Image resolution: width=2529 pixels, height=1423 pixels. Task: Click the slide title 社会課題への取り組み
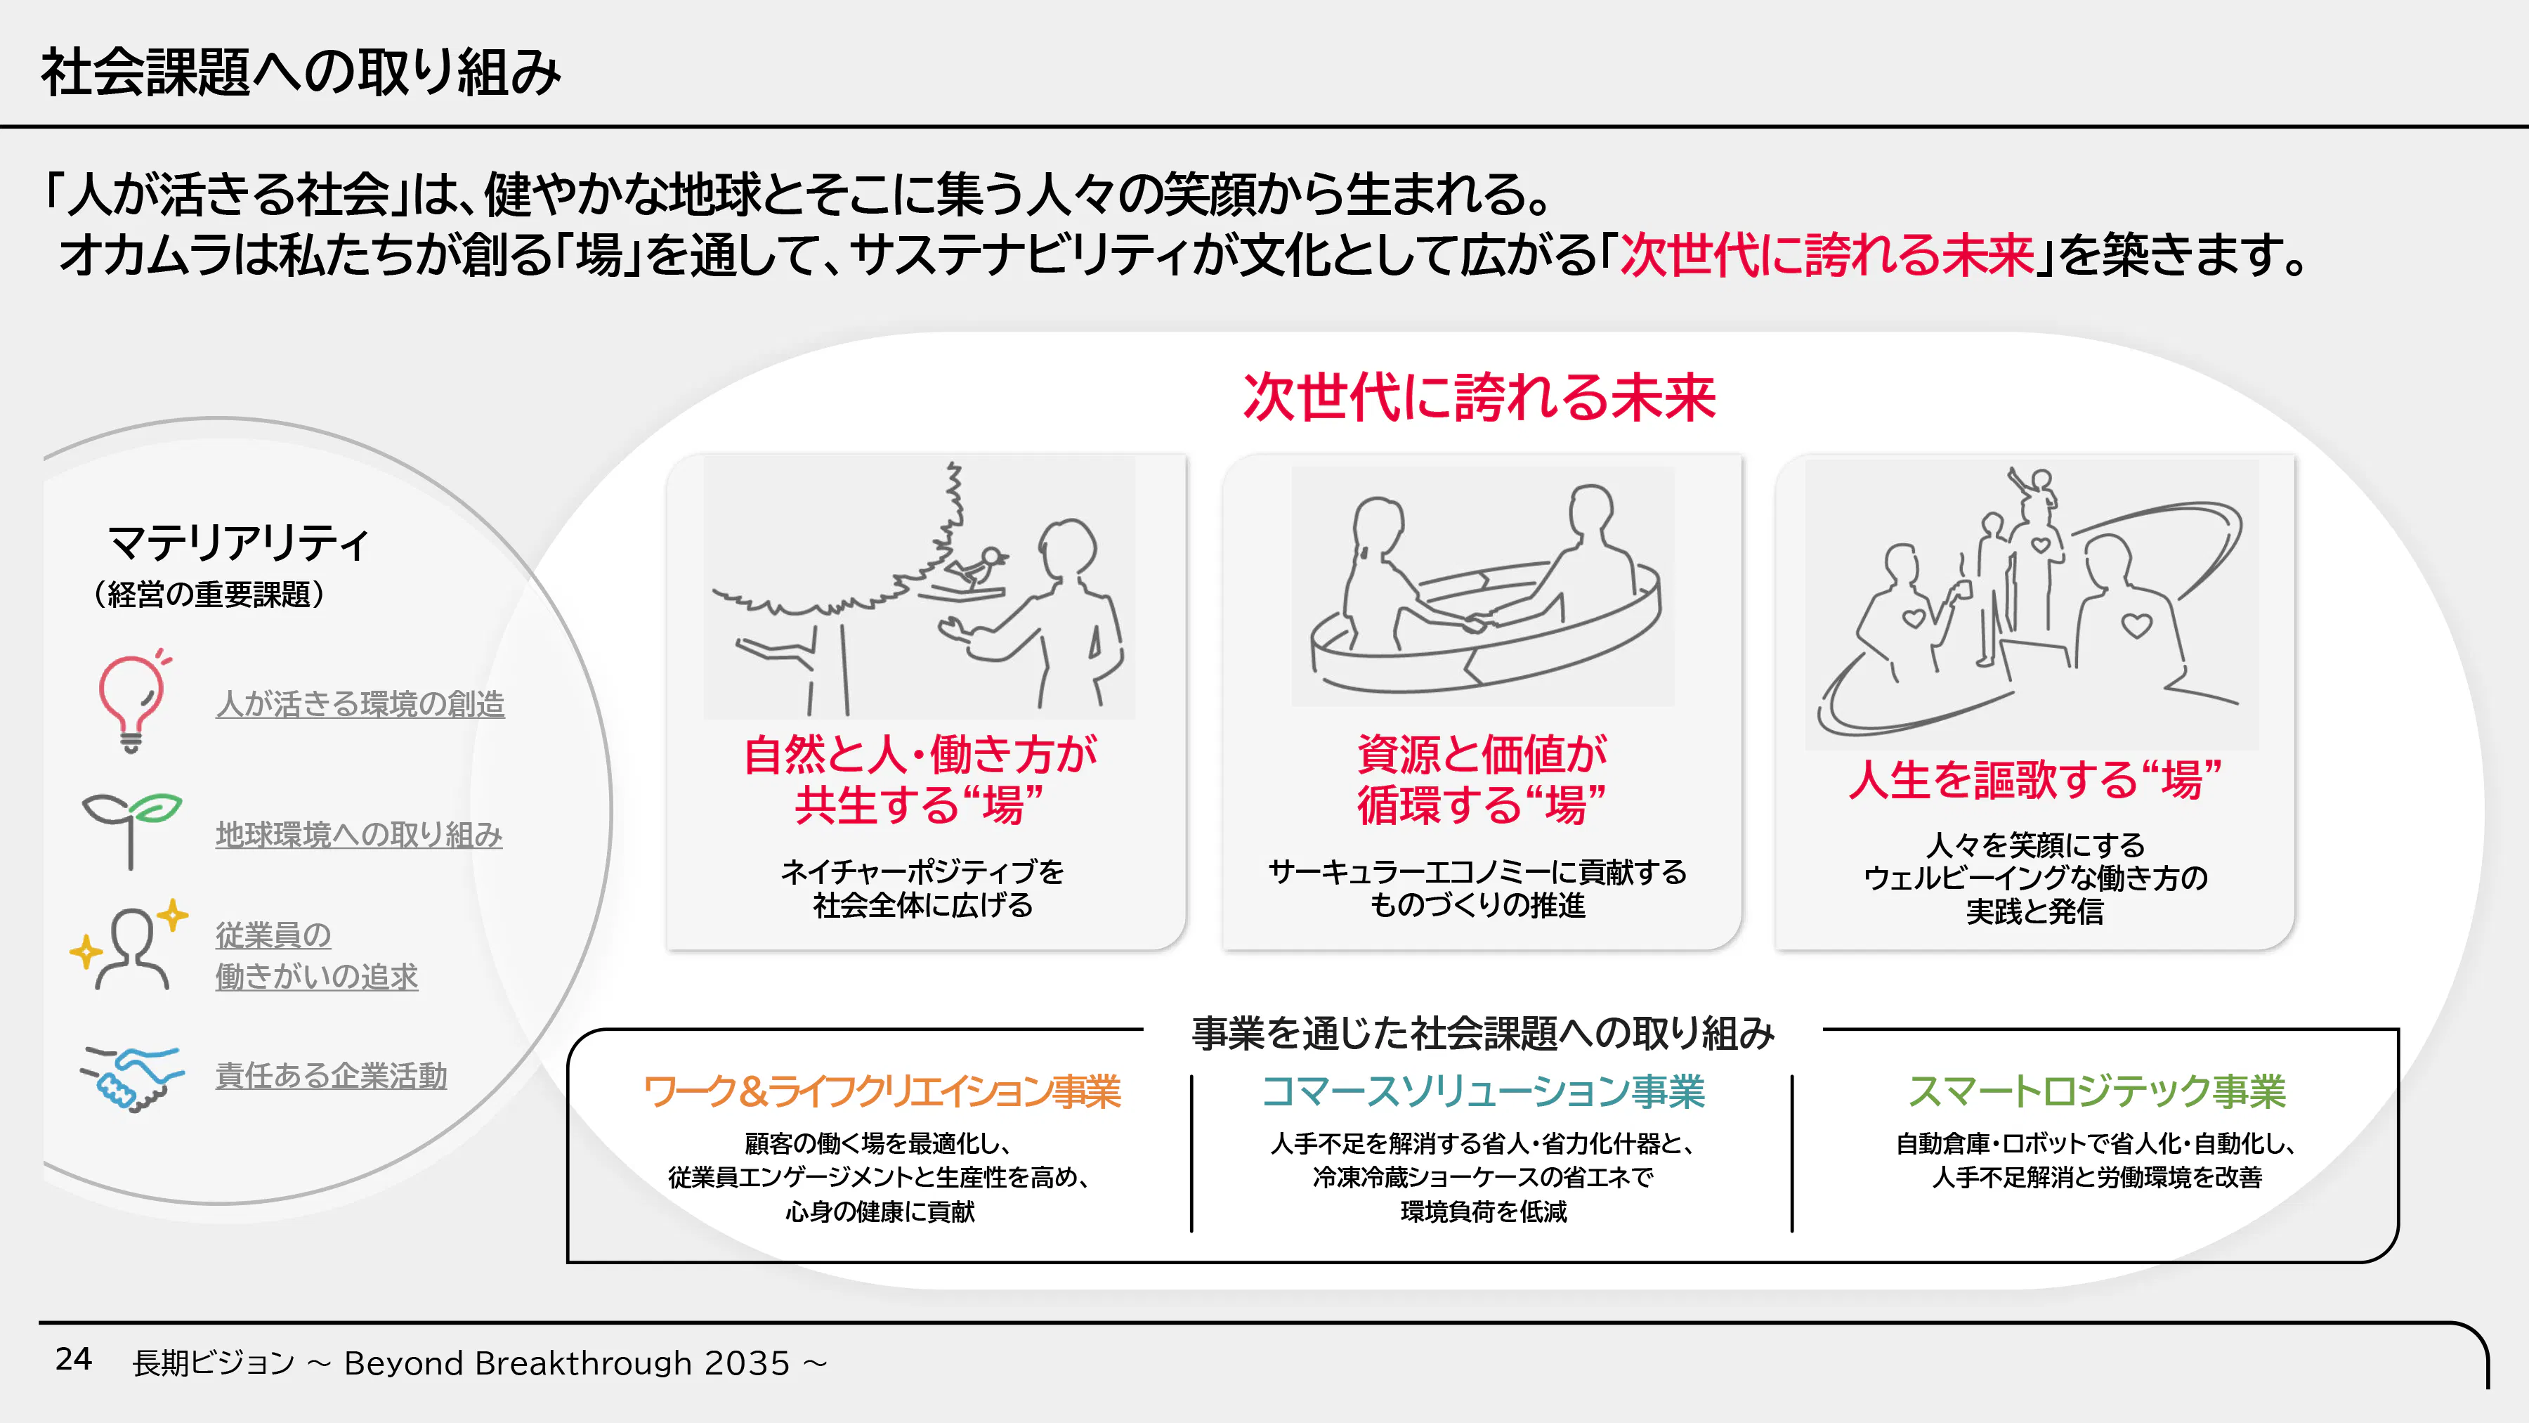click(x=301, y=72)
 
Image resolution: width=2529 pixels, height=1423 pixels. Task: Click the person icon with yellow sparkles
click(x=129, y=944)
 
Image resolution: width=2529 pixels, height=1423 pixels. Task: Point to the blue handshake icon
click(x=131, y=1078)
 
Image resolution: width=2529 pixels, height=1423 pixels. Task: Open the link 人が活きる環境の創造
click(x=360, y=704)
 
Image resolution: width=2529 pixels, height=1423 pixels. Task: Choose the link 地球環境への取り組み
click(x=359, y=835)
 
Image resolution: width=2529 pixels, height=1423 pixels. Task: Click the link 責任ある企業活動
click(x=332, y=1075)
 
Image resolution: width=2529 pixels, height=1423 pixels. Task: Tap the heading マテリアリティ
click(x=239, y=542)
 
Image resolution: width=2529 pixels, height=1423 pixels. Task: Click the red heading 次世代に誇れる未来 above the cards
click(x=1479, y=398)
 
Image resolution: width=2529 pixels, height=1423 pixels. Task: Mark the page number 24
click(x=74, y=1359)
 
